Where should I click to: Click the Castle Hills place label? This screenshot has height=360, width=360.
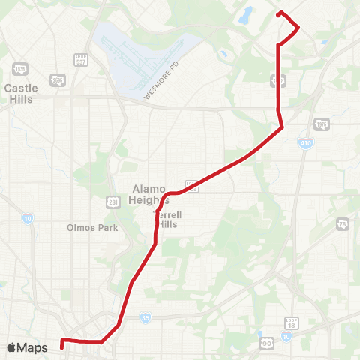pos(21,93)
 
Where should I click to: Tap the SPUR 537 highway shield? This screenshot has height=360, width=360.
pos(80,59)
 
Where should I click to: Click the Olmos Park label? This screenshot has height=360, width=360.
pos(92,227)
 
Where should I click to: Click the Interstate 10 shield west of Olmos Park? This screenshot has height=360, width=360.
pos(27,219)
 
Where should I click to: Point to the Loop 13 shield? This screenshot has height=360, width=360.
pos(292,323)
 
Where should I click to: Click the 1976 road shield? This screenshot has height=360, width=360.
pos(322,124)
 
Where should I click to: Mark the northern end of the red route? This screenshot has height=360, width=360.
pos(279,13)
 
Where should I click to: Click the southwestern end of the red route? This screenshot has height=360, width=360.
pos(61,346)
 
